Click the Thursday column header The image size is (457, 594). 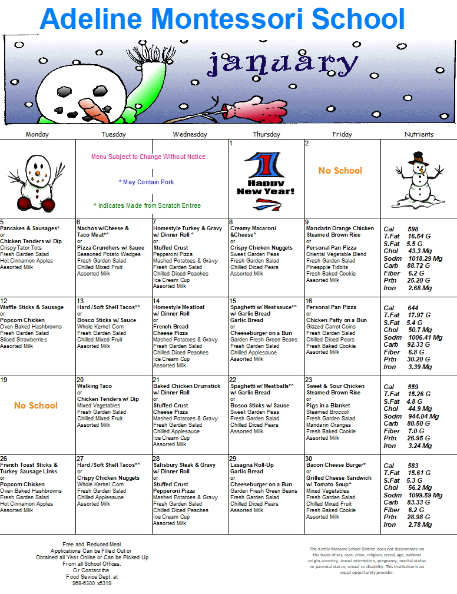click(266, 134)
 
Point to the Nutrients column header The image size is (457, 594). click(419, 134)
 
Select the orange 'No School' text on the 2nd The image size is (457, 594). click(340, 171)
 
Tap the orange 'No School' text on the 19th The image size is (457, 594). click(36, 406)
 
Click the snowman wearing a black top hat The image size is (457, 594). click(419, 177)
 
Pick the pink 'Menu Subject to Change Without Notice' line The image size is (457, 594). click(148, 157)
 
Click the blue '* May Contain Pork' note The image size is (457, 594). click(146, 182)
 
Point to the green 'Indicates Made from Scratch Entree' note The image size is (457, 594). click(147, 206)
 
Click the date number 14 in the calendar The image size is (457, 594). click(157, 301)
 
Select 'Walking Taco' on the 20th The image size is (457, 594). click(94, 386)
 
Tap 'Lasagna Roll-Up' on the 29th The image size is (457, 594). click(251, 465)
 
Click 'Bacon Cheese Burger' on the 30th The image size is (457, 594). click(336, 465)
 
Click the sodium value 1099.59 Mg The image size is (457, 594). click(421, 496)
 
